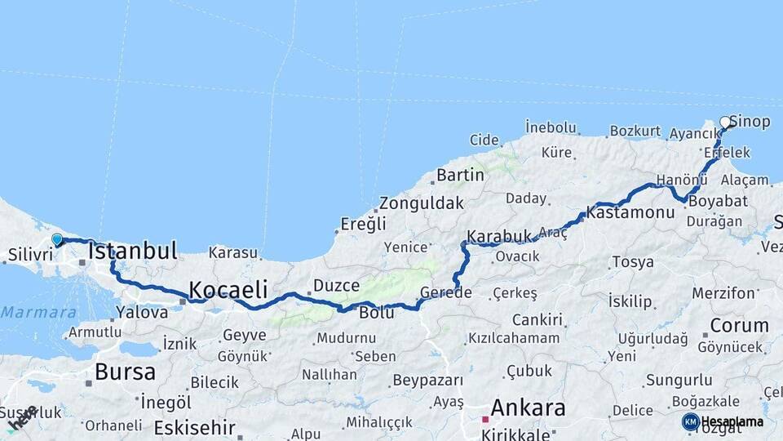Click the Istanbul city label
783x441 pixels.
(133, 251)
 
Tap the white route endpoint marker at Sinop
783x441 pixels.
(725, 122)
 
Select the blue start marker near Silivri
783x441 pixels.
(57, 239)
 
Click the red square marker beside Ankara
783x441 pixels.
(484, 419)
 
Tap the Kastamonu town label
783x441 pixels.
(630, 212)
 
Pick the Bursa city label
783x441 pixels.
(125, 372)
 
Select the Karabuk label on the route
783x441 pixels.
(498, 237)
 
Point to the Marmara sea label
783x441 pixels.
(38, 312)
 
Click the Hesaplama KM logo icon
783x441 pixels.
(691, 421)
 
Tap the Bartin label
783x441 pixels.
(460, 175)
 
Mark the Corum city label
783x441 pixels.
(739, 325)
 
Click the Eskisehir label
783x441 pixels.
(195, 427)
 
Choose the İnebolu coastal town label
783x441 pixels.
(551, 127)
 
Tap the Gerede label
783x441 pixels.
(446, 292)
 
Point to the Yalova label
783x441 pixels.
(142, 311)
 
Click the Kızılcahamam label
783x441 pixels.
(514, 337)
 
